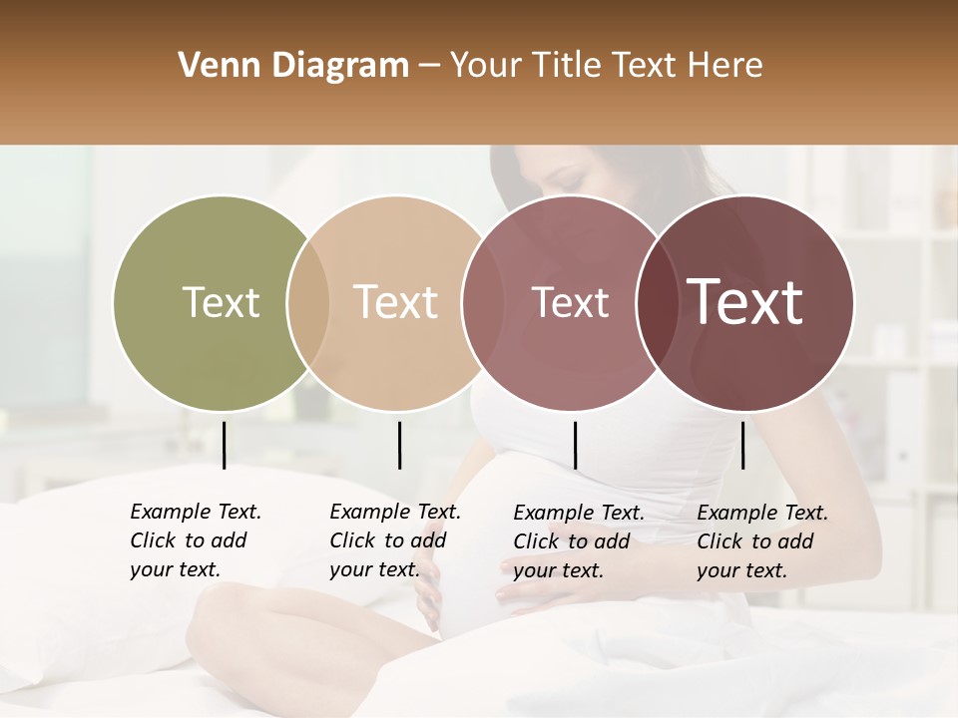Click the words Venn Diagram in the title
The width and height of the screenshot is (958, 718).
293,66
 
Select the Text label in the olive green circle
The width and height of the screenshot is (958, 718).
221,302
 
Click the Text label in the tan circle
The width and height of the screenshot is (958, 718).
396,302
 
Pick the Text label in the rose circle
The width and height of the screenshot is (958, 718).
570,302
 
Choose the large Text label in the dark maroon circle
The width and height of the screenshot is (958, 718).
745,302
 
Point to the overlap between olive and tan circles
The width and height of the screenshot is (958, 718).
308,302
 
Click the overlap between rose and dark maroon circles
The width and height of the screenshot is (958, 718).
657,302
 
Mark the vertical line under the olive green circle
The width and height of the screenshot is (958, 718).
224,445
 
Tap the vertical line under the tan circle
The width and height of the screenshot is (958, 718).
399,445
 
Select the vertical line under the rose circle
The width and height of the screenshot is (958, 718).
575,445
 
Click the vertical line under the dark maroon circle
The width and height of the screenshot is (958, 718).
742,445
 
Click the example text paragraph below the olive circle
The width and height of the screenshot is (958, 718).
195,540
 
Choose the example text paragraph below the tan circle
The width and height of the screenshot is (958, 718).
394,540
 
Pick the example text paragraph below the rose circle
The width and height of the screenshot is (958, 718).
578,541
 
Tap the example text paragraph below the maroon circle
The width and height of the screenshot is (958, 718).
761,541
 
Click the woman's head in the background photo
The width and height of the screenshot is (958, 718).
559,179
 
